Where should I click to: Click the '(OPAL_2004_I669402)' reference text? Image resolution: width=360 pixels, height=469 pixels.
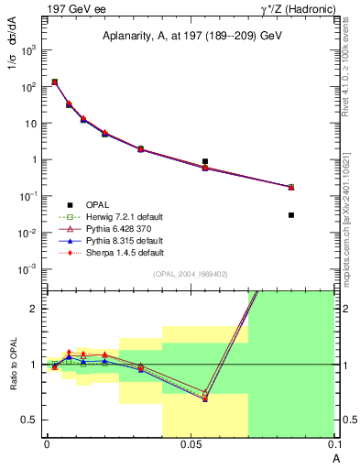click(x=191, y=274)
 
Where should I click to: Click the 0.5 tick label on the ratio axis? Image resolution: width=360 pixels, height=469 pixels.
click(x=29, y=420)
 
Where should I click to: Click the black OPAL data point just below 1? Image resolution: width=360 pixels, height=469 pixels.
click(x=205, y=161)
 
